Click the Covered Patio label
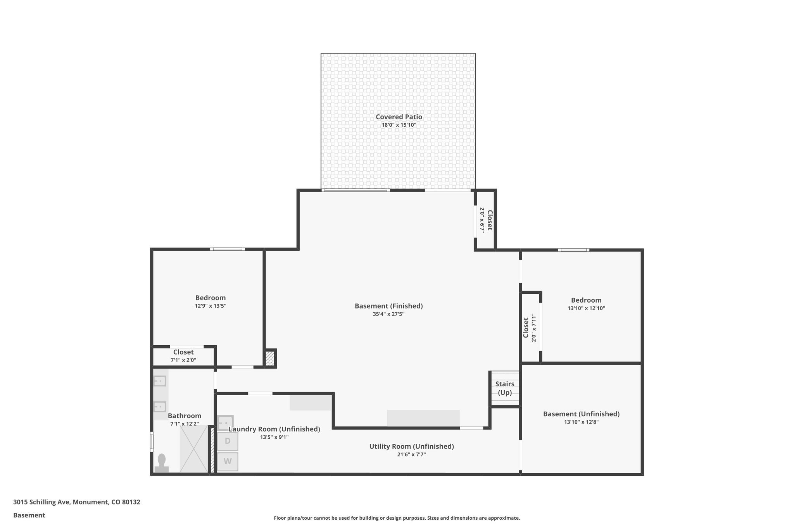tap(399, 117)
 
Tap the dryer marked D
tap(228, 441)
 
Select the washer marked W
tap(228, 461)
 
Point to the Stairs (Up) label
tap(505, 388)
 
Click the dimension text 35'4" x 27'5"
tap(388, 314)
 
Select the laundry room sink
tap(225, 423)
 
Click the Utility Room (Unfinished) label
tap(411, 446)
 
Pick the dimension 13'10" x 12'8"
tap(581, 422)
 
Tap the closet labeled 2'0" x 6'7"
tap(485, 220)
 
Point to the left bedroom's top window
tap(228, 249)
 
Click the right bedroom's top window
tap(573, 250)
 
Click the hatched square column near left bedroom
tap(269, 358)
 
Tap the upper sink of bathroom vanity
tap(160, 381)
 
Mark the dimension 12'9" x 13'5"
tap(210, 306)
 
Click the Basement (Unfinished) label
tap(581, 414)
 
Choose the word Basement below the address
tap(29, 515)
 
